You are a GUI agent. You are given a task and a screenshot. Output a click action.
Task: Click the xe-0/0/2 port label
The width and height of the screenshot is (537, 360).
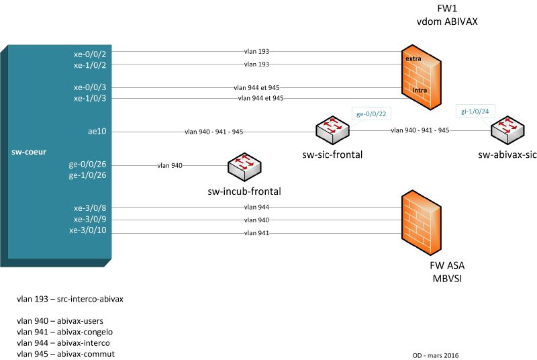pos(89,53)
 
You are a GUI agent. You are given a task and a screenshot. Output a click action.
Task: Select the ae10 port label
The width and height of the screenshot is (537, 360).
pos(97,132)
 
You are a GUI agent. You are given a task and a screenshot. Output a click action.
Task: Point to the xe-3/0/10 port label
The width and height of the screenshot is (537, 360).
pos(87,230)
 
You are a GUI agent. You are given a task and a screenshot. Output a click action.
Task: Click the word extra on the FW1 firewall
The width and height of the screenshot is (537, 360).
pos(413,59)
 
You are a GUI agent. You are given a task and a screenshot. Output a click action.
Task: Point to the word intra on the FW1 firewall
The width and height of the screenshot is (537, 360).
pos(420,89)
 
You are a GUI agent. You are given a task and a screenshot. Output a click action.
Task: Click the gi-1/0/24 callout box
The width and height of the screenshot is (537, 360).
pos(474,111)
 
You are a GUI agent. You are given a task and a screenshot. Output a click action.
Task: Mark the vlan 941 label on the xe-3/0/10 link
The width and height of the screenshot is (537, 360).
pos(256,233)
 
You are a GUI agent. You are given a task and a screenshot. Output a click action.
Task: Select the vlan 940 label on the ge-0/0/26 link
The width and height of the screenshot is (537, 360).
pos(169,165)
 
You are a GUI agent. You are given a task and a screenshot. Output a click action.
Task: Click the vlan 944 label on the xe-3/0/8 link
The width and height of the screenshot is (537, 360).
pos(256,208)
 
